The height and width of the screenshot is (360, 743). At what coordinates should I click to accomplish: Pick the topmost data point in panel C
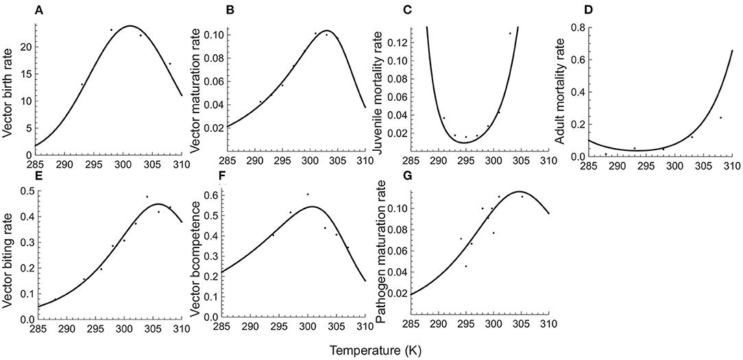510,33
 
